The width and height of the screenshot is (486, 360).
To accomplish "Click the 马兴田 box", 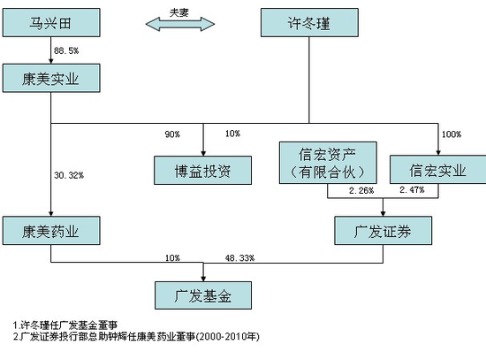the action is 51,23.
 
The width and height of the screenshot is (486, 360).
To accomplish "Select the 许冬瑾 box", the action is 309,23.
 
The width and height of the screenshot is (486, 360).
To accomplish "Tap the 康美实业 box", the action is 51,78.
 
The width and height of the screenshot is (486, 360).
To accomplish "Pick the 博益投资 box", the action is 202,171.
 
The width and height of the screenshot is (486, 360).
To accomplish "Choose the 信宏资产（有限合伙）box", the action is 328,163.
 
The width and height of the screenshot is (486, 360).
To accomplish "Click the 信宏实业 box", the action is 438,170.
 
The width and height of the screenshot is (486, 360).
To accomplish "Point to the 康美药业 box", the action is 51,231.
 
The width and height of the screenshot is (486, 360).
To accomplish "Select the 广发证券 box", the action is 383,231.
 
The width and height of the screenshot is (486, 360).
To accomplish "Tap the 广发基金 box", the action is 203,295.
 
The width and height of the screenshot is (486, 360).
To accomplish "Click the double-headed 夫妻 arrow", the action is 180,24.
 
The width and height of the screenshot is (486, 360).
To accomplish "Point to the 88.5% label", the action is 66,50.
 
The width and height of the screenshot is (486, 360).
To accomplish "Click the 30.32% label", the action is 69,175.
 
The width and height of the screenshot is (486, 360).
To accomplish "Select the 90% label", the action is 172,134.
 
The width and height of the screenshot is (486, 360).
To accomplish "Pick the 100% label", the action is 452,134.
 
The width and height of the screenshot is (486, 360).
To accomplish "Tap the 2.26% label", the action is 361,190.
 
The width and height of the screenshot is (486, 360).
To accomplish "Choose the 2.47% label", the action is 412,189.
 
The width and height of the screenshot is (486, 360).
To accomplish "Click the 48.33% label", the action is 239,258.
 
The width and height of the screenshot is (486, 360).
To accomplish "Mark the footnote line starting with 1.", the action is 65,326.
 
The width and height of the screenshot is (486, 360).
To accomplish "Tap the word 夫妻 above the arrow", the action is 179,12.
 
